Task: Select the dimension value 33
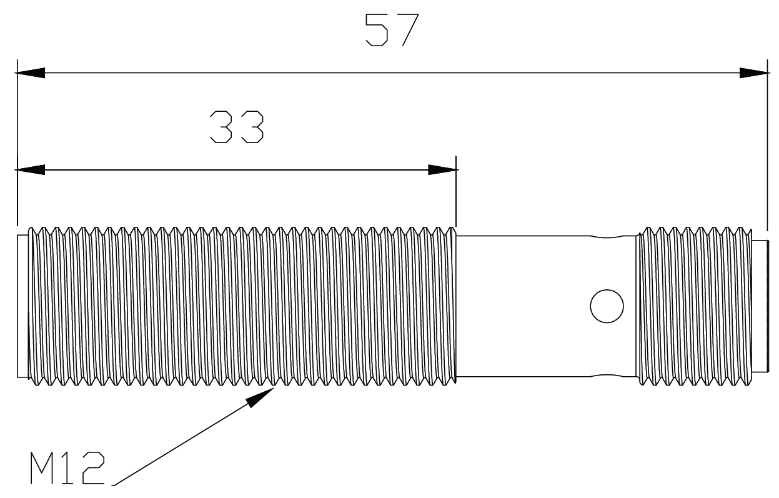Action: pyautogui.click(x=237, y=127)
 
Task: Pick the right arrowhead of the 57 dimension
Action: pyautogui.click(x=754, y=73)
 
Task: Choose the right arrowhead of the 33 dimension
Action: pyautogui.click(x=442, y=170)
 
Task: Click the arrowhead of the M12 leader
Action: pyautogui.click(x=261, y=397)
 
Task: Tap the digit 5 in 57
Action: pyautogui.click(x=376, y=31)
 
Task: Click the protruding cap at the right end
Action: pyautogui.click(x=760, y=306)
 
